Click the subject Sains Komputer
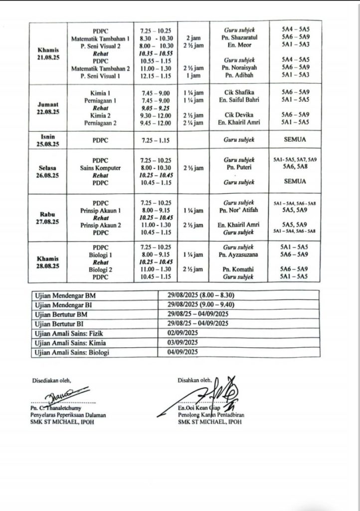[101, 168]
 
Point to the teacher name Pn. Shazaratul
[239, 37]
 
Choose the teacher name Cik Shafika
[239, 92]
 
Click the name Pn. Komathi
[239, 268]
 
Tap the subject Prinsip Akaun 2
[101, 225]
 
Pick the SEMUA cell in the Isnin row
[294, 140]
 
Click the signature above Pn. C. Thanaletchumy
[64, 398]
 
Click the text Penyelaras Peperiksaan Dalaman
[68, 415]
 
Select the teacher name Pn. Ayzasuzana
[239, 255]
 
